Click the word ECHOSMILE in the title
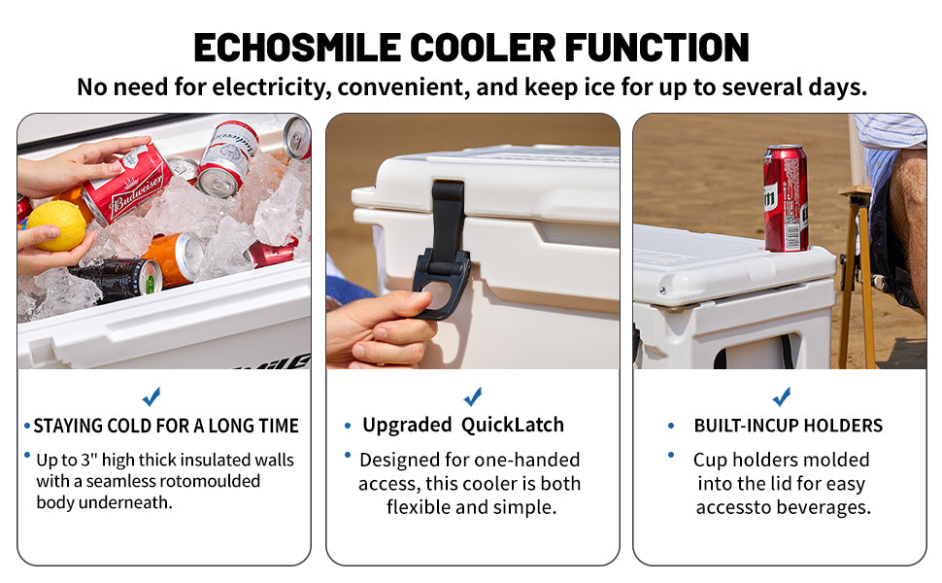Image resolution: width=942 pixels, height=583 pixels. (x=297, y=48)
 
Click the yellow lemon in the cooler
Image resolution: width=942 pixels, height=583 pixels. (x=57, y=225)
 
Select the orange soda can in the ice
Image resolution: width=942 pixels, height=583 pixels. (x=175, y=259)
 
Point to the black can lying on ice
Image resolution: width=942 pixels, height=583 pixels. (x=118, y=279)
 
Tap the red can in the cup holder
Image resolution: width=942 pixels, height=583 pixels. (x=786, y=198)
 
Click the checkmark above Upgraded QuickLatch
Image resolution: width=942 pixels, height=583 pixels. (x=473, y=396)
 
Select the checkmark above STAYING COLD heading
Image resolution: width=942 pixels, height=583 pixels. (x=151, y=396)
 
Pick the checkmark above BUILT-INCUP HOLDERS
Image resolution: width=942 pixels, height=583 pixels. (x=782, y=396)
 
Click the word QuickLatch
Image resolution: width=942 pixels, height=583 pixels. (x=513, y=425)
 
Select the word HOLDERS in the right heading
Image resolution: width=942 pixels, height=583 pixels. (x=843, y=426)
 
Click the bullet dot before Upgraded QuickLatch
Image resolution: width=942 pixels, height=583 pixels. (x=348, y=426)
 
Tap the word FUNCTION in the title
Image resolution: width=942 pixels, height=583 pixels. (x=656, y=48)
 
